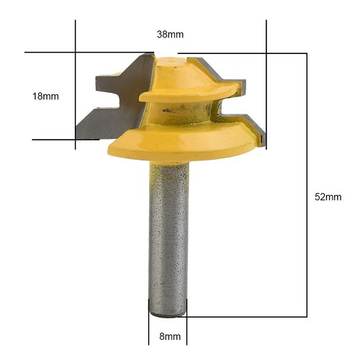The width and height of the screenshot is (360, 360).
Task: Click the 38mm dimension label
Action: click(170, 33)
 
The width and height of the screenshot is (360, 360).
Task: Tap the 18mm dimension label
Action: click(45, 96)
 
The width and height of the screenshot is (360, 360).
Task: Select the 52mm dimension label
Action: click(328, 197)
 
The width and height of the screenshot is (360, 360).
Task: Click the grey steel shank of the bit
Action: click(169, 238)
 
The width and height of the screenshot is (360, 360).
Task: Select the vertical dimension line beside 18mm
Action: click(76, 94)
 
